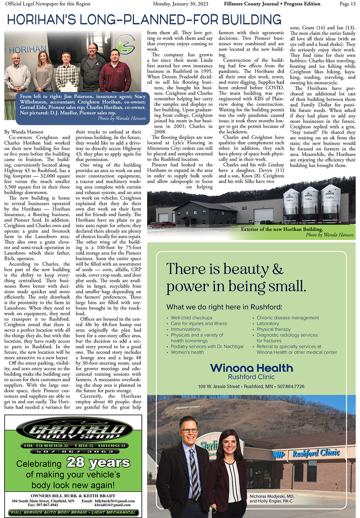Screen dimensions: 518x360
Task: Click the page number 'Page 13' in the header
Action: click(347, 4)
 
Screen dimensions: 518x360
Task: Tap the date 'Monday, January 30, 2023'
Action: click(180, 4)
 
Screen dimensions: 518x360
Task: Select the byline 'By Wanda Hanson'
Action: click(24, 132)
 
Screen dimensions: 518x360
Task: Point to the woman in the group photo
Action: click(44, 72)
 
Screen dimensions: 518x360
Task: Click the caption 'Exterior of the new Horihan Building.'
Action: click(282, 229)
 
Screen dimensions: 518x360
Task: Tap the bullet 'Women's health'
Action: click(187, 352)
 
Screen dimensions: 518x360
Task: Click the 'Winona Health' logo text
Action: click(251, 368)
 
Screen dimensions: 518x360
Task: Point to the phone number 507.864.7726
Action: click(291, 387)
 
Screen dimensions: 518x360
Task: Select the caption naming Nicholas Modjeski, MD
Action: click(272, 496)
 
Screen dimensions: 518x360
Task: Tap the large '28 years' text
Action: click(98, 462)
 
